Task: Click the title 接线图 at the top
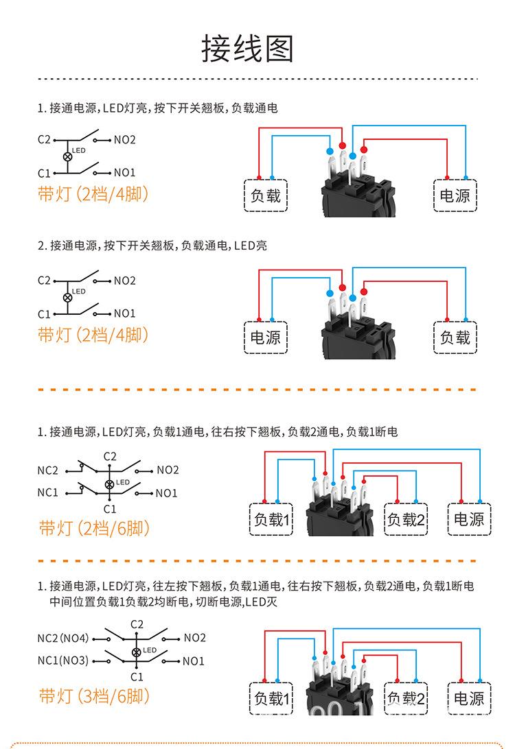248,49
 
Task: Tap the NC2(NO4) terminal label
63,638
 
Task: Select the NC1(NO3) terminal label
63,661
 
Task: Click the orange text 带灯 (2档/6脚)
94,528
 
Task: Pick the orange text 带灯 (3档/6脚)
94,695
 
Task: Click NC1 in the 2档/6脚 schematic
48,492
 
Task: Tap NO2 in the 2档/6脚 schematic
168,470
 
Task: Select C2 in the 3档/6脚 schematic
137,624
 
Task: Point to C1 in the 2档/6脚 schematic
110,509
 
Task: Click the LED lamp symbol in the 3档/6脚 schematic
136,650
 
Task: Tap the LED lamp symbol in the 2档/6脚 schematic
109,484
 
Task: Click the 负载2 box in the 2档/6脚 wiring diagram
407,519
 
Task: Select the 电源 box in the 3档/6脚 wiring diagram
469,698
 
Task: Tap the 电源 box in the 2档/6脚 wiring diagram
469,519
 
